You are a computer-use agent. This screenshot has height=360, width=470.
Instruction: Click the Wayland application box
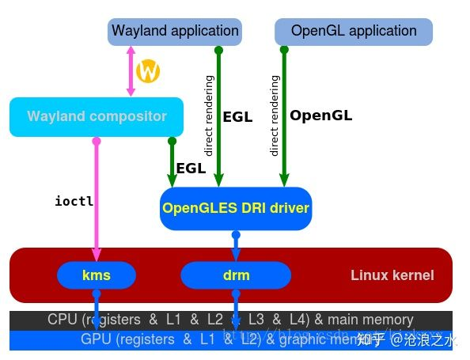[x=175, y=32]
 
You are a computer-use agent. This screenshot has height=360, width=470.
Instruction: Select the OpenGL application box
[x=354, y=32]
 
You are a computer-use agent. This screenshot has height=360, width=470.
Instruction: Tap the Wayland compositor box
[x=97, y=117]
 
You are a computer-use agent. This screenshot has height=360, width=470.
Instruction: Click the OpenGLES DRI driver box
[x=236, y=209]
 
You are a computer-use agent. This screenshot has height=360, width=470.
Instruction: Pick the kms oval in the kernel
[x=97, y=275]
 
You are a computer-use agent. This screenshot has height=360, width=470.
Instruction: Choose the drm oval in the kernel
[x=236, y=275]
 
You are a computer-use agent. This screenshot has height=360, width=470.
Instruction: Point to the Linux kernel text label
[x=392, y=275]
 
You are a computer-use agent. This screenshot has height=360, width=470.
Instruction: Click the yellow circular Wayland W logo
[x=148, y=72]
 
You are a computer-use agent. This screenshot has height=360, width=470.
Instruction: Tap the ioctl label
[x=74, y=201]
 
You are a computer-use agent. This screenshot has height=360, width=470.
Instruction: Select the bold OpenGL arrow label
[x=320, y=116]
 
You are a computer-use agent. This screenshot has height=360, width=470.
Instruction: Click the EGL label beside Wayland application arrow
[x=237, y=117]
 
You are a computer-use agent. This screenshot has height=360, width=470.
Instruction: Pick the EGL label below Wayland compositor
[x=191, y=168]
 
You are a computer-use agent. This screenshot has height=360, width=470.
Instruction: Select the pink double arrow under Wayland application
[x=131, y=71]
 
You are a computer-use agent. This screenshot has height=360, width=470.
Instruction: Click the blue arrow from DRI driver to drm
[x=236, y=247]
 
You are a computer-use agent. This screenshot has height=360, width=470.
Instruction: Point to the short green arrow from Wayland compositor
[x=172, y=162]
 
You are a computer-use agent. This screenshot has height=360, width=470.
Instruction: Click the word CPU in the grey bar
[x=63, y=320]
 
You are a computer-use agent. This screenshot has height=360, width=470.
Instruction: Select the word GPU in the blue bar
[x=96, y=339]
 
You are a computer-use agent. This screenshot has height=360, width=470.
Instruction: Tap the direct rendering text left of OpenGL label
[x=275, y=116]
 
